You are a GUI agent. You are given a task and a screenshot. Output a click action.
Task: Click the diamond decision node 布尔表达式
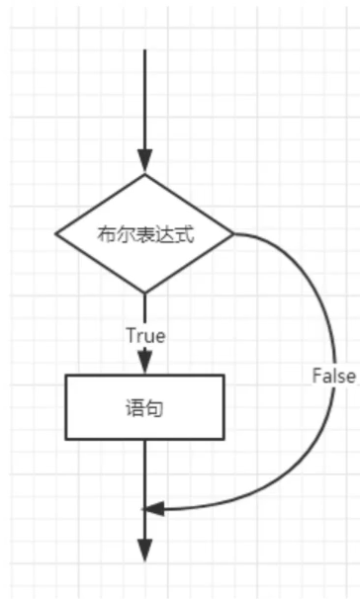(144, 234)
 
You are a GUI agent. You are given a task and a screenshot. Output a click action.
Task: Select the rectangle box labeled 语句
(144, 406)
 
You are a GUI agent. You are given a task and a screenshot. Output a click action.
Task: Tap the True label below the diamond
(145, 335)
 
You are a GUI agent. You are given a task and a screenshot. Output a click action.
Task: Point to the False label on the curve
(333, 376)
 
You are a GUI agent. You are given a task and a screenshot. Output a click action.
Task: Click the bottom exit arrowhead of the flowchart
(144, 551)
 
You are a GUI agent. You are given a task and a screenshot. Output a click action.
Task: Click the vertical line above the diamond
(144, 99)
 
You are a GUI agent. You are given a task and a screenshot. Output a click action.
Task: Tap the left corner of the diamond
(57, 234)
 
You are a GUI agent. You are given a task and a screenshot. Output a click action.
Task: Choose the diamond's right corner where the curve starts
(232, 234)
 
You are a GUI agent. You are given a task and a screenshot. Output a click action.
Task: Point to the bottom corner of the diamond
(144, 293)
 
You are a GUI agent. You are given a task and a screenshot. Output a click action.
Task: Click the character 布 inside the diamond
(105, 234)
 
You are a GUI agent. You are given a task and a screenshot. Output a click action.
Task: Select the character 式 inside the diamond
(185, 234)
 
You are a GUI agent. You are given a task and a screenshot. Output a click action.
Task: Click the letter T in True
(131, 335)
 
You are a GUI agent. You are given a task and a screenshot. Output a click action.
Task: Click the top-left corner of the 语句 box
(66, 375)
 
